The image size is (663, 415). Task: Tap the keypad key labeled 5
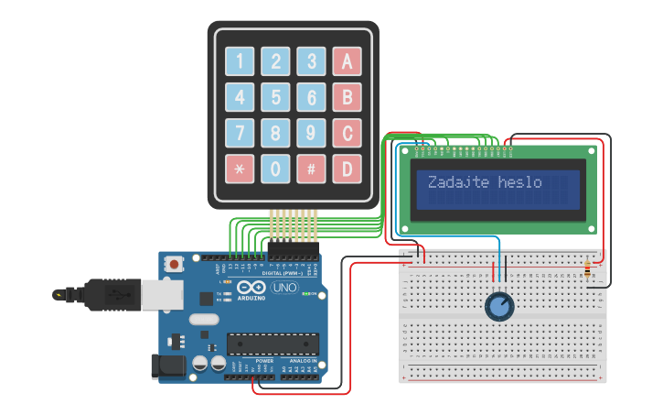coord(275,97)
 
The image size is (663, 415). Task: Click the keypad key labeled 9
coord(311,133)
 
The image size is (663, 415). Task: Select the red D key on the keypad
coord(347,169)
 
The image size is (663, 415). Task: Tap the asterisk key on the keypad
coord(240,169)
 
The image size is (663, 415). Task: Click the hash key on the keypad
coord(311,169)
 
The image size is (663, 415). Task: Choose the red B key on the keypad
coord(347,97)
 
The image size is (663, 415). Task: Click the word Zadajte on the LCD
coord(460,181)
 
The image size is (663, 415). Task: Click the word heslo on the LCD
coord(520,181)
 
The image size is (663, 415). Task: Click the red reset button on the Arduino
coord(174,264)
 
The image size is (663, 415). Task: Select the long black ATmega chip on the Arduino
coord(273,344)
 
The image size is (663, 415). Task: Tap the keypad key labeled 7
coord(240,133)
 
